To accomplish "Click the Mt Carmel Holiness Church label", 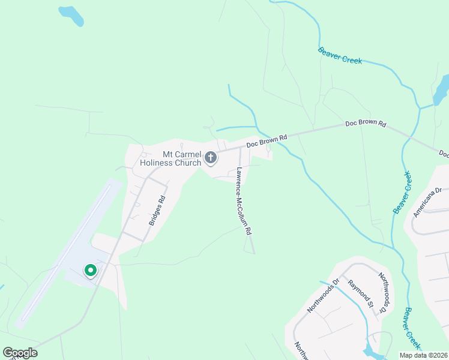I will (170, 158).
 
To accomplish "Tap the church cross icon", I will (211, 158).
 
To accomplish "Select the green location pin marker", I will (90, 271).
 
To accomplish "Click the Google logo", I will (20, 353).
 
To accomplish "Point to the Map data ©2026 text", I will (424, 355).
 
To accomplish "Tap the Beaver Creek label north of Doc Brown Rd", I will (340, 55).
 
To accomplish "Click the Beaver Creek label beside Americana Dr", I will (402, 193).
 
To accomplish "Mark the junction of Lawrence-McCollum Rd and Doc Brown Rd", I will (240, 148).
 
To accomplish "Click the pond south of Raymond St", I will (370, 350).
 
